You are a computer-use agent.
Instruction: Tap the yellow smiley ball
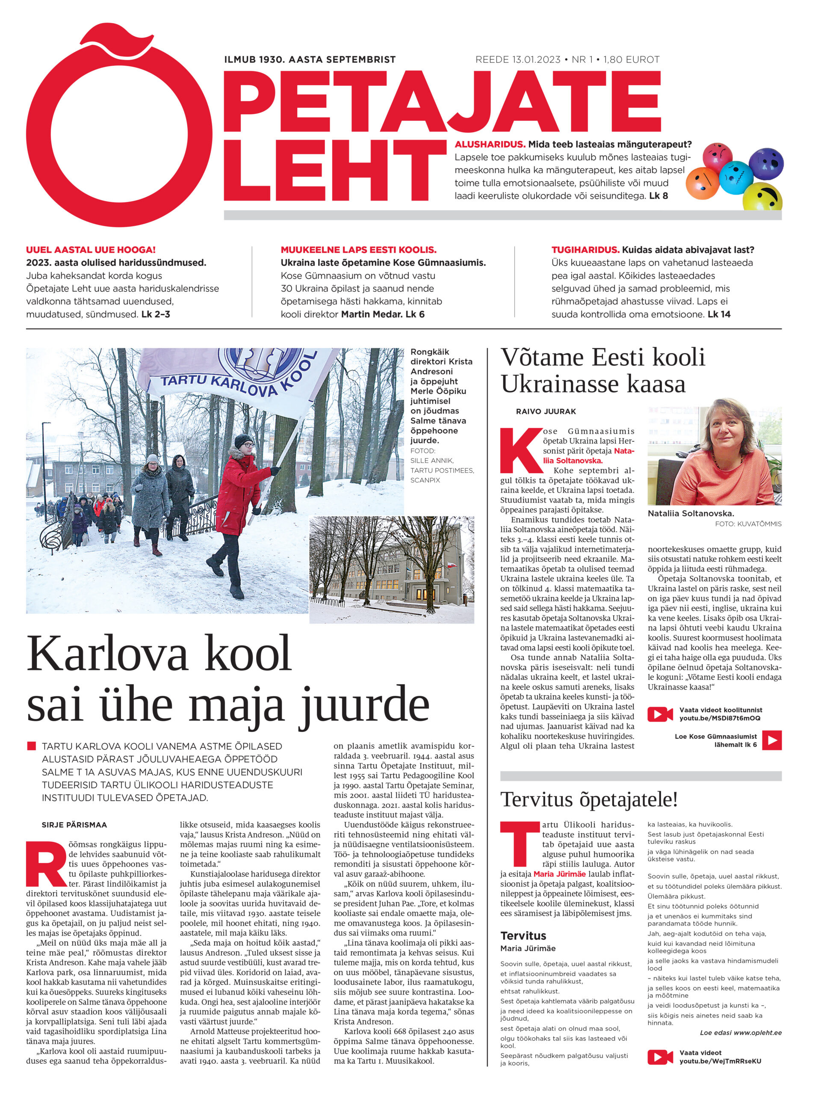762,196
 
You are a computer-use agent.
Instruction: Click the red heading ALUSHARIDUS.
490,145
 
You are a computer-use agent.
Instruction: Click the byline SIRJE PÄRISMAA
74,825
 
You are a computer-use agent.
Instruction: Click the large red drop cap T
519,845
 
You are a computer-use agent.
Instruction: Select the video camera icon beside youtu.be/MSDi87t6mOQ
660,714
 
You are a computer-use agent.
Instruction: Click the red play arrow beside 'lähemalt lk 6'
771,740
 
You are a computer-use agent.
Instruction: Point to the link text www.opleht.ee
758,1033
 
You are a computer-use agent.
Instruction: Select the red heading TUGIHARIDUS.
585,250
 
